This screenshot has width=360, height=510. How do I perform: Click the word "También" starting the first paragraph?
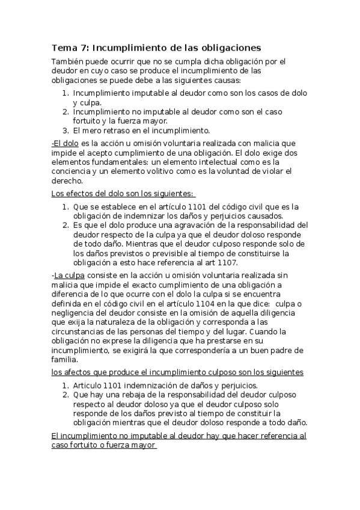[x=67, y=61]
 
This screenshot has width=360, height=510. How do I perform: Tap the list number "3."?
[x=66, y=130]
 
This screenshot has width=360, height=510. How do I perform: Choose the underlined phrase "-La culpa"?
[x=68, y=276]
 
